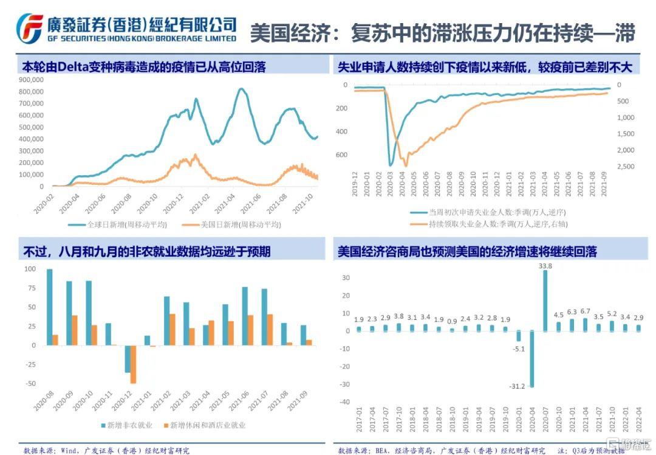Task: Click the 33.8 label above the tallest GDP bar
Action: (x=545, y=266)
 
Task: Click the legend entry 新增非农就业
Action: (x=131, y=425)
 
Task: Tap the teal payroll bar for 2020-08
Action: (x=50, y=307)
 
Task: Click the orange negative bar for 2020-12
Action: (x=133, y=364)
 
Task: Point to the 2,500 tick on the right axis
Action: (x=625, y=167)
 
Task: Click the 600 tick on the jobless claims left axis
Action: (x=341, y=155)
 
